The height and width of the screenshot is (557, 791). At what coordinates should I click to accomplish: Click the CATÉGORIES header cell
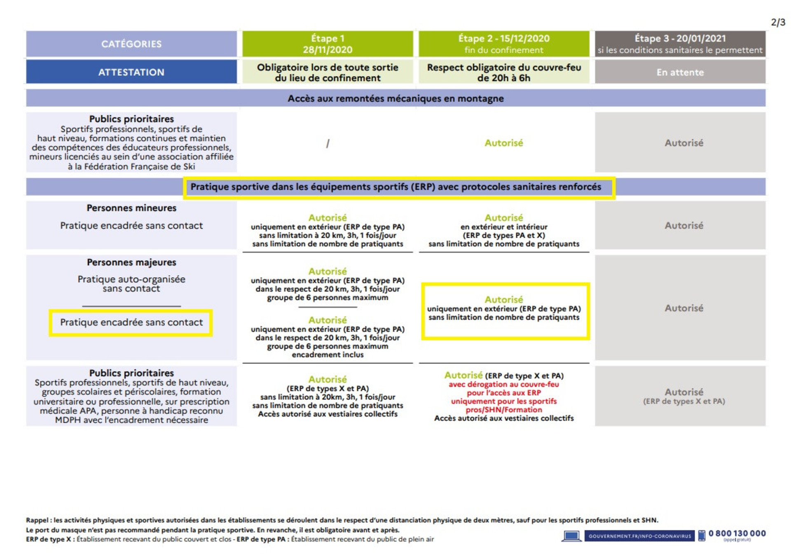click(131, 44)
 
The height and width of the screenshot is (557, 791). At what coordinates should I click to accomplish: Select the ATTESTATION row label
click(131, 72)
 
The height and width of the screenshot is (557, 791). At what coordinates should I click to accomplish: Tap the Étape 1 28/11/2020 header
click(328, 44)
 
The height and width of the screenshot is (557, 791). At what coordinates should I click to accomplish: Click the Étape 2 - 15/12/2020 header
click(504, 44)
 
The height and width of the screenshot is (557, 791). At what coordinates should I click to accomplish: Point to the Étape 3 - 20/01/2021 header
click(680, 44)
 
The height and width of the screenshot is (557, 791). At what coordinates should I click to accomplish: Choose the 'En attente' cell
click(680, 72)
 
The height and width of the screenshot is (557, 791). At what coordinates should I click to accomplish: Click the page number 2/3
click(778, 23)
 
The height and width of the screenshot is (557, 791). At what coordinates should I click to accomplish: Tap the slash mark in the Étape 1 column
click(328, 144)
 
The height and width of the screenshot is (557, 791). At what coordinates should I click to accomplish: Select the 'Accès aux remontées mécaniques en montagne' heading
click(395, 99)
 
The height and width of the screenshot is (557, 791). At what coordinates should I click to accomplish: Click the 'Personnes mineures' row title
click(131, 208)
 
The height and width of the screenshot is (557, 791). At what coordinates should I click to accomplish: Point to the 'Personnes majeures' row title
click(131, 262)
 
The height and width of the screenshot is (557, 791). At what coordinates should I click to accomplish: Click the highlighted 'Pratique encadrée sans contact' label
click(131, 323)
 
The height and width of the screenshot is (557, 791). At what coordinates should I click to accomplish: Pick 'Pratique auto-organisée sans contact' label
click(131, 284)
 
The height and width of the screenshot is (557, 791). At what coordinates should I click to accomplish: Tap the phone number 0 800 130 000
click(737, 534)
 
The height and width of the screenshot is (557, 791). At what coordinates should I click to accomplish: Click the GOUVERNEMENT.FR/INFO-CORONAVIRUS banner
click(639, 536)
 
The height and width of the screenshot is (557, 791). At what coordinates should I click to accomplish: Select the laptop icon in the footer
click(571, 536)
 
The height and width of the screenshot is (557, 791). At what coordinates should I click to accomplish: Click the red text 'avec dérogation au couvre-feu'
click(504, 385)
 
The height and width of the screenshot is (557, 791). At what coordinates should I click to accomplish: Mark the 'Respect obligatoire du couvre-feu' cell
click(504, 72)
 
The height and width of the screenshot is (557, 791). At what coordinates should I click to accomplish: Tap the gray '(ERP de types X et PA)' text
click(684, 402)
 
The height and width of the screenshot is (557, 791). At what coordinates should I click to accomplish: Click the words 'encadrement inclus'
click(328, 355)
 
